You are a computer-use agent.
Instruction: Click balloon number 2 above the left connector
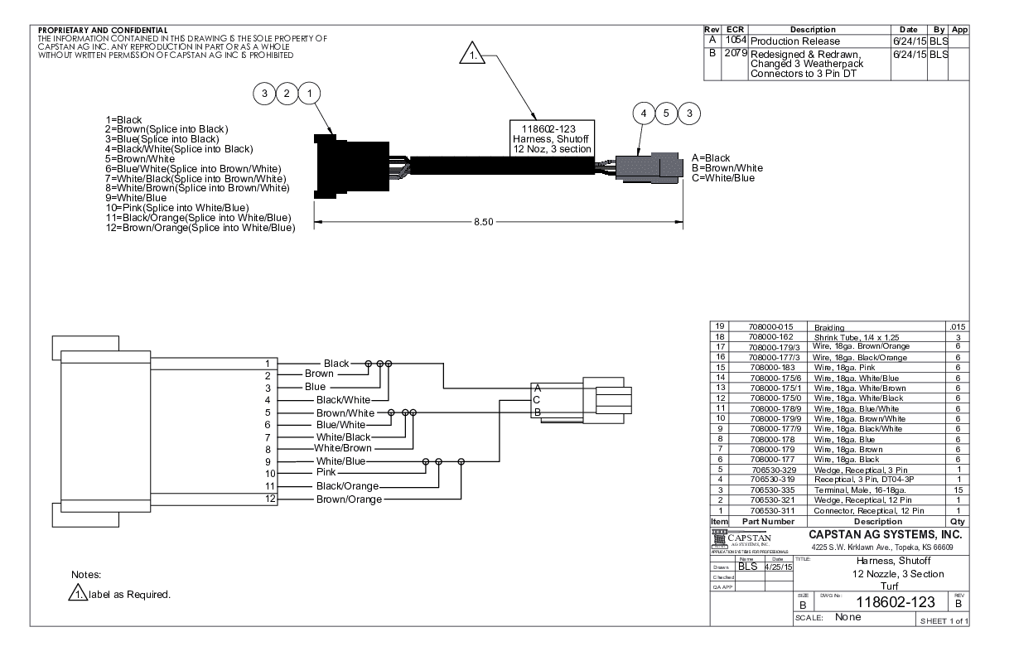click(287, 94)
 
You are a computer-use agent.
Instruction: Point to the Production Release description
click(795, 41)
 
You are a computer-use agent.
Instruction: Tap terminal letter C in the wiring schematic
click(537, 399)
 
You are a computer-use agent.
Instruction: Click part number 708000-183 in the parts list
click(771, 366)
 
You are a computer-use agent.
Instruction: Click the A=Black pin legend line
click(712, 157)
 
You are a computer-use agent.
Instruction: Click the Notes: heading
click(86, 574)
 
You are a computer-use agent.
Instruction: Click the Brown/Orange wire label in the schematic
click(349, 499)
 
